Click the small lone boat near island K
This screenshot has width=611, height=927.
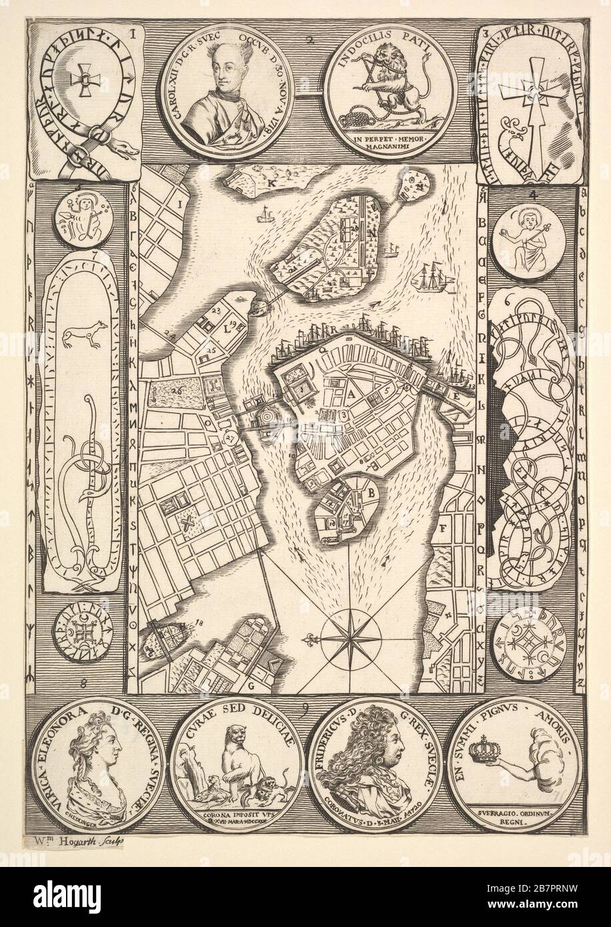265,215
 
